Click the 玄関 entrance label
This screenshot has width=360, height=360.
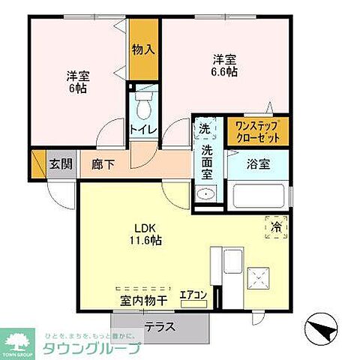click(60, 164)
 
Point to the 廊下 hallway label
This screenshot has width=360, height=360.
click(103, 164)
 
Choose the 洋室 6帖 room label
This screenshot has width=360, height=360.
click(76, 82)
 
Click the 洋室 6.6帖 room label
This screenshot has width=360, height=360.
click(225, 66)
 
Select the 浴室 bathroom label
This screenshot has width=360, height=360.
click(258, 164)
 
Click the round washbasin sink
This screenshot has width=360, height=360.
click(205, 195)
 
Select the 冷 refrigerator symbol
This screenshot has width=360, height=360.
click(275, 226)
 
